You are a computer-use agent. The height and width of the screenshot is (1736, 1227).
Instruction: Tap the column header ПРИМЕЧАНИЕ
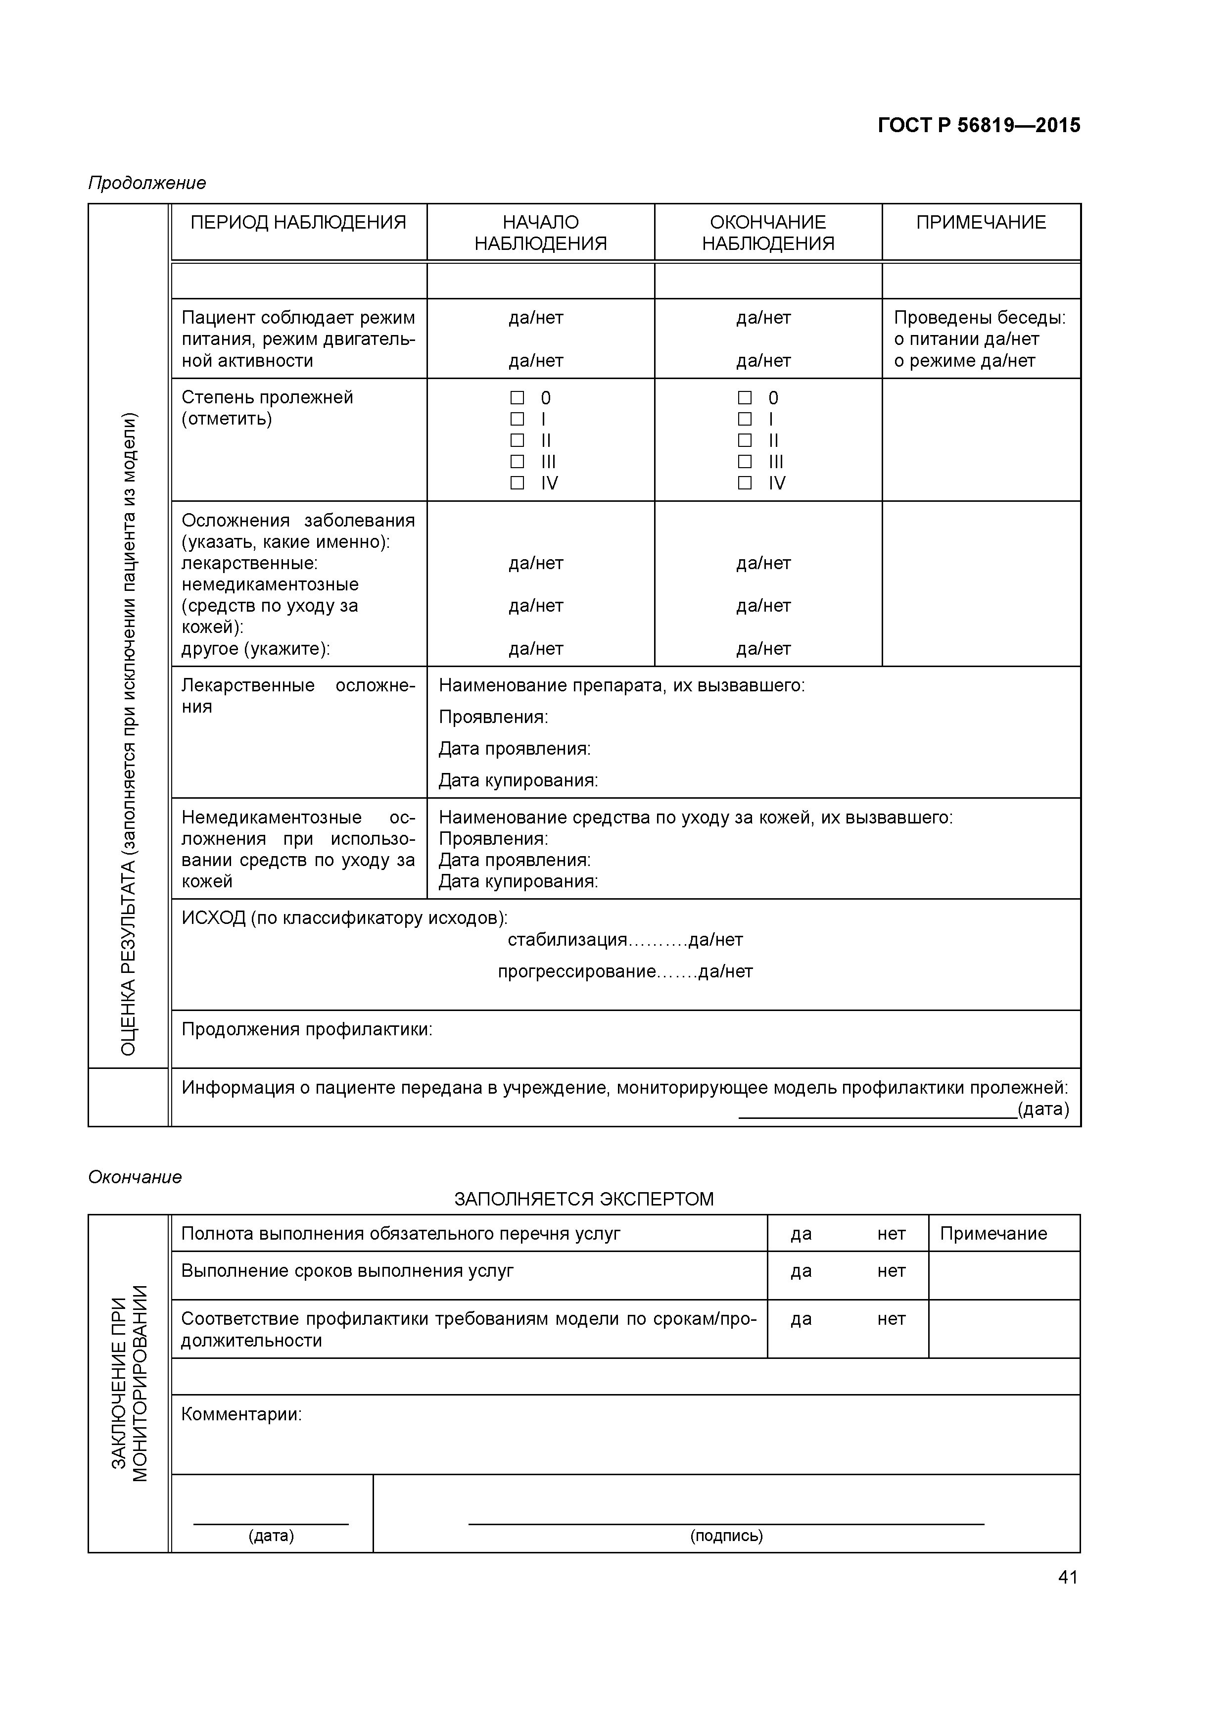pyautogui.click(x=981, y=222)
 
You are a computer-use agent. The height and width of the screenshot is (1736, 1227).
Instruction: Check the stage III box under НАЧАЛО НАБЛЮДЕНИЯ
pyautogui.click(x=517, y=461)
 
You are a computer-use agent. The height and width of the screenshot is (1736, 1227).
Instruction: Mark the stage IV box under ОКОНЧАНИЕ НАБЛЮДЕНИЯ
pyautogui.click(x=745, y=482)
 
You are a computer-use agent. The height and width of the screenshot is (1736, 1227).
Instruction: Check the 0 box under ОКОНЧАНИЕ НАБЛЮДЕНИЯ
pyautogui.click(x=745, y=398)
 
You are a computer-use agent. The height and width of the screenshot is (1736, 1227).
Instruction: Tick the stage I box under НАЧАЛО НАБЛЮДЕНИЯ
pyautogui.click(x=517, y=419)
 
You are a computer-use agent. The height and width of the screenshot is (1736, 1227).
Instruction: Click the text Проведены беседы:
pyautogui.click(x=979, y=318)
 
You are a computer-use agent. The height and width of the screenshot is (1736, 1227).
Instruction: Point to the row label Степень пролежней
pyautogui.click(x=267, y=398)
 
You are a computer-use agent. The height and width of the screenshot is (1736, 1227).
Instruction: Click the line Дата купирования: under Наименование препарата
pyautogui.click(x=518, y=780)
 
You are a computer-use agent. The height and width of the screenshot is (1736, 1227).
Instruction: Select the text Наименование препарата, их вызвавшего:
pyautogui.click(x=621, y=686)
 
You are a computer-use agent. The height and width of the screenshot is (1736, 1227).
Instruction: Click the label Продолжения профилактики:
pyautogui.click(x=307, y=1030)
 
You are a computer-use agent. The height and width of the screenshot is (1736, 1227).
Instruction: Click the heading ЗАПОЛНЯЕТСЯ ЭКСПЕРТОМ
pyautogui.click(x=584, y=1199)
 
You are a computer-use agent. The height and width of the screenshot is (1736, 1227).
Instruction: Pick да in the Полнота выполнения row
pyautogui.click(x=801, y=1234)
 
